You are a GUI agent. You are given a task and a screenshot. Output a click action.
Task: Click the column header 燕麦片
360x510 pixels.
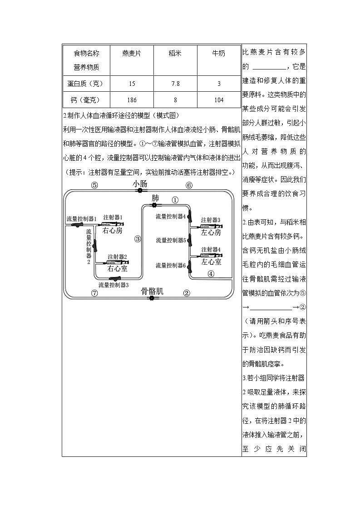pyautogui.click(x=132, y=53)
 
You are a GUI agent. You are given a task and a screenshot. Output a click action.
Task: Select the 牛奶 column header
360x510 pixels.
pyautogui.click(x=219, y=53)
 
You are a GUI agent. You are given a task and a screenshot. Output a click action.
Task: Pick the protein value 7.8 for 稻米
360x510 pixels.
pyautogui.click(x=175, y=84)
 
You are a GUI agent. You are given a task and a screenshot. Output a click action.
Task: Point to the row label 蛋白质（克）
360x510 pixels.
pyautogui.click(x=86, y=84)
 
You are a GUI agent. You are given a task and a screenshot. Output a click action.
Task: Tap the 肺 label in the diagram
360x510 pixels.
pyautogui.click(x=155, y=198)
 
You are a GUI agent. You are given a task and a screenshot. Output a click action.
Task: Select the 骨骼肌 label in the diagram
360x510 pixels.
pyautogui.click(x=152, y=292)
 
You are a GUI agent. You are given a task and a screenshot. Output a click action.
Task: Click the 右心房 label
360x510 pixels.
pyautogui.click(x=112, y=231)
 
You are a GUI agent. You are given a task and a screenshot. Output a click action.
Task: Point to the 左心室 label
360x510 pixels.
pyautogui.click(x=211, y=262)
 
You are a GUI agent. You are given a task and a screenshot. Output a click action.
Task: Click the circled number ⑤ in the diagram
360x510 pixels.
pyautogui.click(x=94, y=185)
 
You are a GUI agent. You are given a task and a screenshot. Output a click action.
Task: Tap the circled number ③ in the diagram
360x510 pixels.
pyautogui.click(x=138, y=238)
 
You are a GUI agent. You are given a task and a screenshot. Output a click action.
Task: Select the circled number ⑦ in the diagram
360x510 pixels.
pyautogui.click(x=94, y=293)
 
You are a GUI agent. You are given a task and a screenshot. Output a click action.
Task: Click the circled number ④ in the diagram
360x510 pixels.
pyautogui.click(x=211, y=273)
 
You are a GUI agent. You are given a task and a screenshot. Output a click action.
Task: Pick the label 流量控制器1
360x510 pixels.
pyautogui.click(x=81, y=218)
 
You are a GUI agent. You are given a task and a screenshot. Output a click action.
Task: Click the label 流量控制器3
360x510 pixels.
pyautogui.click(x=113, y=285)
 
